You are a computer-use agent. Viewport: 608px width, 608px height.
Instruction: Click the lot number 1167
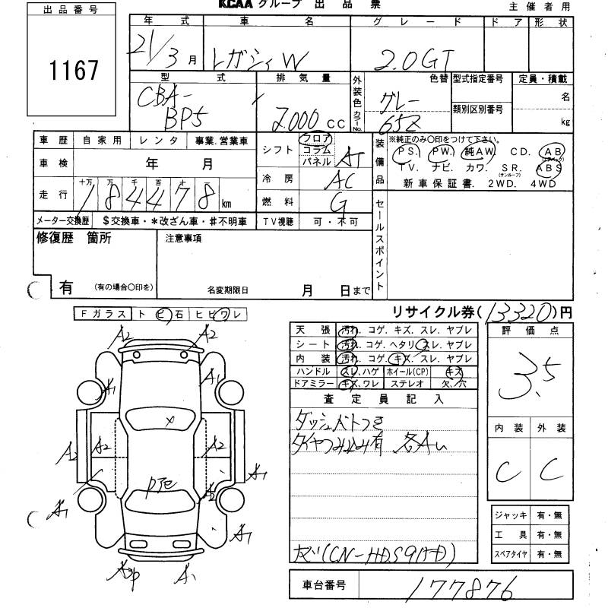point(74,71)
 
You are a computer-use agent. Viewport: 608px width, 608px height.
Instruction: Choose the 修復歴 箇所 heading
point(74,238)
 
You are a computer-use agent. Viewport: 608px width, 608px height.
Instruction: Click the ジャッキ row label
point(509,515)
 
